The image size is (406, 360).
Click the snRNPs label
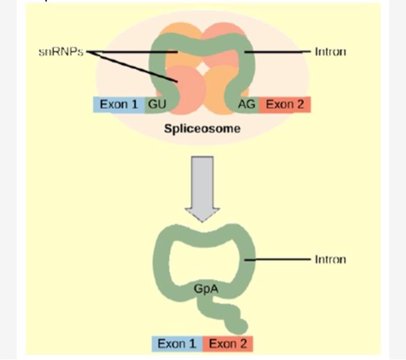coord(61,52)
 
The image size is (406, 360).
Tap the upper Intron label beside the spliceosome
coord(330,52)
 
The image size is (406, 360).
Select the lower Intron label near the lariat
coord(330,259)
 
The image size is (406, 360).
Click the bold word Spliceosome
coord(202,128)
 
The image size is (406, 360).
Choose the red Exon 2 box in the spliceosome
coord(285,105)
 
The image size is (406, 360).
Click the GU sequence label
coord(156,105)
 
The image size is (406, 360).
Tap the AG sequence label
coord(247,105)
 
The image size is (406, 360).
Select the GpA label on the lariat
coord(202,287)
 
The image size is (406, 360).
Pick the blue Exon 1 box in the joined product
coord(177,344)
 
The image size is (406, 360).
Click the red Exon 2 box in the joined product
coord(228,344)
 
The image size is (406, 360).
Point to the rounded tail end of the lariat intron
coord(239,326)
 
